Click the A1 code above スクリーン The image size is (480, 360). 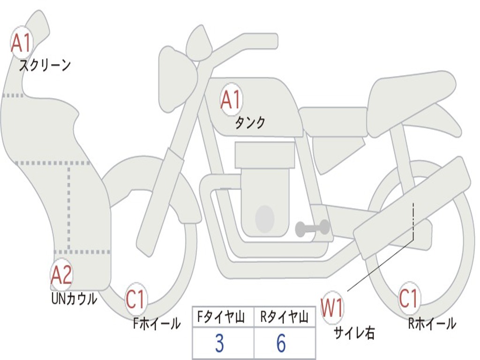coord(21,43)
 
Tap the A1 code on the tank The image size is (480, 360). coord(231,100)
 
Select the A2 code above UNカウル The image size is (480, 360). coord(61,275)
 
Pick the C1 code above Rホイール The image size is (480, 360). coord(409,298)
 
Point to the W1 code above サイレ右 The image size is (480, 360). coord(332,308)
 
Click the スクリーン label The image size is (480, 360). coord(45,65)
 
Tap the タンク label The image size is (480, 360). coord(250,123)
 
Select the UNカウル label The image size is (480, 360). coord(74,299)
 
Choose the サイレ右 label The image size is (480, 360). coord(354,333)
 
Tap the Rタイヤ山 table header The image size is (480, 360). coord(284,318)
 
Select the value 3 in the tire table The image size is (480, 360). coord(219,344)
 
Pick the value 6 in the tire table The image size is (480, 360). coord(281,344)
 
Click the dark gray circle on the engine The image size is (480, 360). coord(265,218)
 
